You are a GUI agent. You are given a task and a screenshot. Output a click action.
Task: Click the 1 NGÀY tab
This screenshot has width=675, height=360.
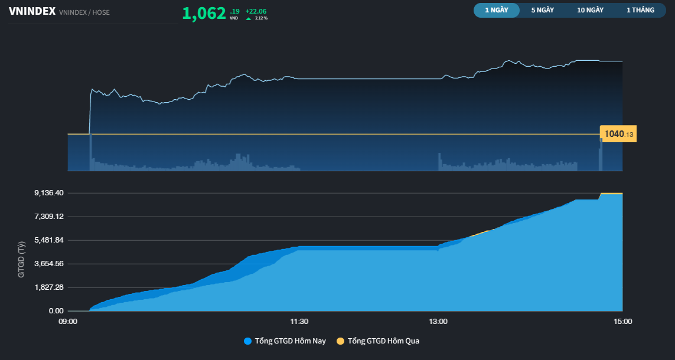tap(496, 10)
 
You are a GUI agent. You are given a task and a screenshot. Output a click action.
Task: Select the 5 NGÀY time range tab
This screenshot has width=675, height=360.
tap(542, 10)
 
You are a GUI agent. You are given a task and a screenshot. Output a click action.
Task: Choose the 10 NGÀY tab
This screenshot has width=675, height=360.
tap(590, 10)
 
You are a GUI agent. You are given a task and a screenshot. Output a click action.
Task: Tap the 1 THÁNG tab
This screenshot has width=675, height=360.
tap(640, 10)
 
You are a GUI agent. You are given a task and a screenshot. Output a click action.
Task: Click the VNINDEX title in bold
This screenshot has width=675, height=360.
tap(32, 11)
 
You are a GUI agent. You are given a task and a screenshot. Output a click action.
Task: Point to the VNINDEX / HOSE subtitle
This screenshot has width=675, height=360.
tap(84, 12)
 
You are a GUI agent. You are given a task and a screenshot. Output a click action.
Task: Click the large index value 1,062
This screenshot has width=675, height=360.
tap(204, 13)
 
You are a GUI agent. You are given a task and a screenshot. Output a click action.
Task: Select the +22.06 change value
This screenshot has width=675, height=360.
tap(256, 11)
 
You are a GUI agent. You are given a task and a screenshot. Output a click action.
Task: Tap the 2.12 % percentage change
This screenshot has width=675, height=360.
tap(261, 18)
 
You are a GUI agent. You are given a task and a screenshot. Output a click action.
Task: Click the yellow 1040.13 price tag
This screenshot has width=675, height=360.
tap(618, 134)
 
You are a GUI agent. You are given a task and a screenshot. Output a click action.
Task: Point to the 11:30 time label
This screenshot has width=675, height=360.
tap(299, 322)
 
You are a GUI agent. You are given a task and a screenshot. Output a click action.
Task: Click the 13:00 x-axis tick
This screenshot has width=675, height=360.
tap(438, 322)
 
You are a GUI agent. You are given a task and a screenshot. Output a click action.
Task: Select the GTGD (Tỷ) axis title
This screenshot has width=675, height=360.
tap(22, 260)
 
